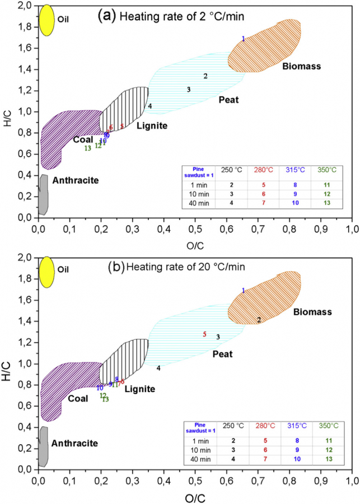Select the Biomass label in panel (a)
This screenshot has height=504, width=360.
pyautogui.click(x=301, y=67)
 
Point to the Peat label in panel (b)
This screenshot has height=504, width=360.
pyautogui.click(x=222, y=354)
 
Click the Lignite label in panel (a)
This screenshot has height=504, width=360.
pyautogui.click(x=152, y=125)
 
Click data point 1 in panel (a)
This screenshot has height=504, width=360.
pyautogui.click(x=243, y=39)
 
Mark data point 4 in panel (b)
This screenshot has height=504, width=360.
pyautogui.click(x=158, y=368)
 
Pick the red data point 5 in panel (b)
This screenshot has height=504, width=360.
pyautogui.click(x=204, y=334)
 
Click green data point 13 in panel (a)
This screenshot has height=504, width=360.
pyautogui.click(x=87, y=148)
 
